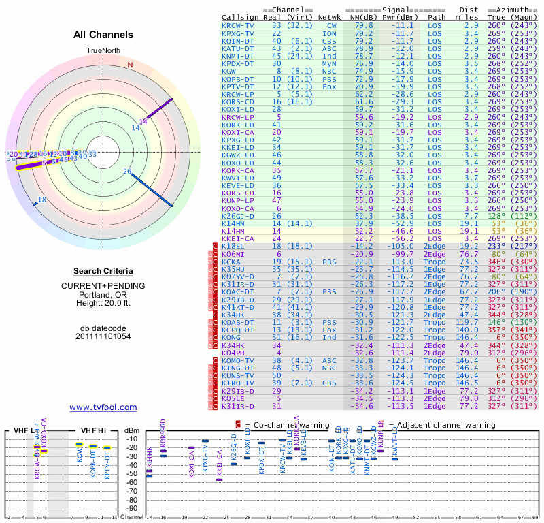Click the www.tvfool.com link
(103, 407)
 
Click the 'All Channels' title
(103, 35)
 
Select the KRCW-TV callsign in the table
(237, 25)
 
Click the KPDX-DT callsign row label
(237, 63)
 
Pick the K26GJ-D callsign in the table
(237, 215)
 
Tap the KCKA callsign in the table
(231, 261)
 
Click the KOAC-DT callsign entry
(237, 291)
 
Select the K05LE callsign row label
(234, 398)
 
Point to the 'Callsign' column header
(239, 17)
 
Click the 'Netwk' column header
(330, 17)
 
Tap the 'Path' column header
(437, 17)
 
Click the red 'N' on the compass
(130, 65)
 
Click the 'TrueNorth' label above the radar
(103, 51)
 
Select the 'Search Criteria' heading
(103, 271)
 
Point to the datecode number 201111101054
(103, 336)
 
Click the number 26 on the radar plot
(127, 172)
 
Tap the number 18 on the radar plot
(41, 200)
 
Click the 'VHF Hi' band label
(94, 430)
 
